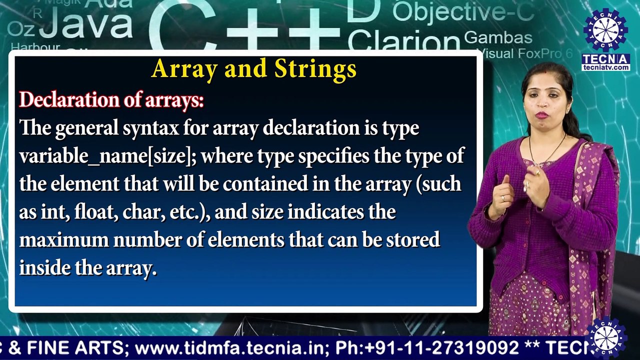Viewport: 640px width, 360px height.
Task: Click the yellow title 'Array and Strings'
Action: click(x=253, y=69)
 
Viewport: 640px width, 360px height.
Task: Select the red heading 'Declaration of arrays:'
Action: click(x=111, y=100)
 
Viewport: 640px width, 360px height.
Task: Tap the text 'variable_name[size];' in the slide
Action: click(x=108, y=156)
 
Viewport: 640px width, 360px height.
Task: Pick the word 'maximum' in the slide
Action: click(x=63, y=240)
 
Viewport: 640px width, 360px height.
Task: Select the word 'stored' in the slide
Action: click(x=412, y=240)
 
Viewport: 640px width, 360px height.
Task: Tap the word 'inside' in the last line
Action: click(x=44, y=268)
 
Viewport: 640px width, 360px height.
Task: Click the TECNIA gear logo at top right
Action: click(x=605, y=30)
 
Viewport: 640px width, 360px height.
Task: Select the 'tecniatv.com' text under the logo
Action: click(x=605, y=67)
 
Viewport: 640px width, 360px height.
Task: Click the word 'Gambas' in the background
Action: click(x=498, y=37)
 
